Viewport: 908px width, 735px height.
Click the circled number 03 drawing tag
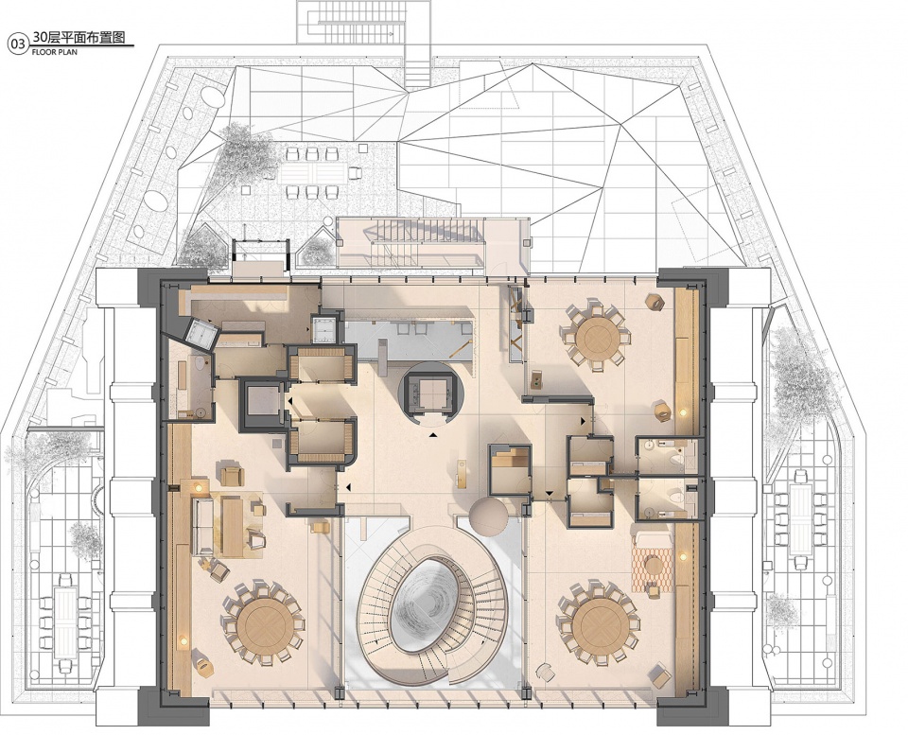pyautogui.click(x=18, y=44)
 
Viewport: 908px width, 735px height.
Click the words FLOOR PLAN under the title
pyautogui.click(x=54, y=51)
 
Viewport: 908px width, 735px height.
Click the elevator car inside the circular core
pyautogui.click(x=429, y=394)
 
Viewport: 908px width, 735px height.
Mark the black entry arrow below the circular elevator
pyautogui.click(x=433, y=435)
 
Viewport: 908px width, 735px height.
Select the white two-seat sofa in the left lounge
pyautogui.click(x=203, y=526)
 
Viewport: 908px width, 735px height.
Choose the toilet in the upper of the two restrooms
pyautogui.click(x=675, y=460)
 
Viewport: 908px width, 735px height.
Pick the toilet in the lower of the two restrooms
pyautogui.click(x=674, y=497)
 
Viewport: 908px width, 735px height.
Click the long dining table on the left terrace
pyautogui.click(x=65, y=622)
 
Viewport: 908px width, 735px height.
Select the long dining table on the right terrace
pyautogui.click(x=801, y=516)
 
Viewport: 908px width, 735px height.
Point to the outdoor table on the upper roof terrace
pyautogui.click(x=313, y=172)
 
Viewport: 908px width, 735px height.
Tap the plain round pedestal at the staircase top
pyautogui.click(x=488, y=517)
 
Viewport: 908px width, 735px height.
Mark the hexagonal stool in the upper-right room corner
pyautogui.click(x=655, y=302)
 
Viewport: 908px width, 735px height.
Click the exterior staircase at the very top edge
pyautogui.click(x=364, y=22)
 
